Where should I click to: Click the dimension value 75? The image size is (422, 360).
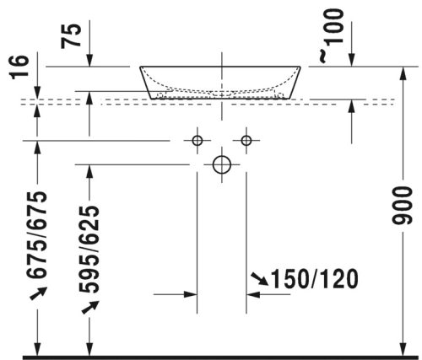tap(71, 36)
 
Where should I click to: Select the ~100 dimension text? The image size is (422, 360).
tap(332, 35)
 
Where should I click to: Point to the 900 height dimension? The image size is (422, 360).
tap(403, 206)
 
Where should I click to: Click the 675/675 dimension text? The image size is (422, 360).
tap(36, 234)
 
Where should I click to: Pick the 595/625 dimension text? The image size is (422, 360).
tap(89, 250)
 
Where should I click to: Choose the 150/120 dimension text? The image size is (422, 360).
tap(315, 279)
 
